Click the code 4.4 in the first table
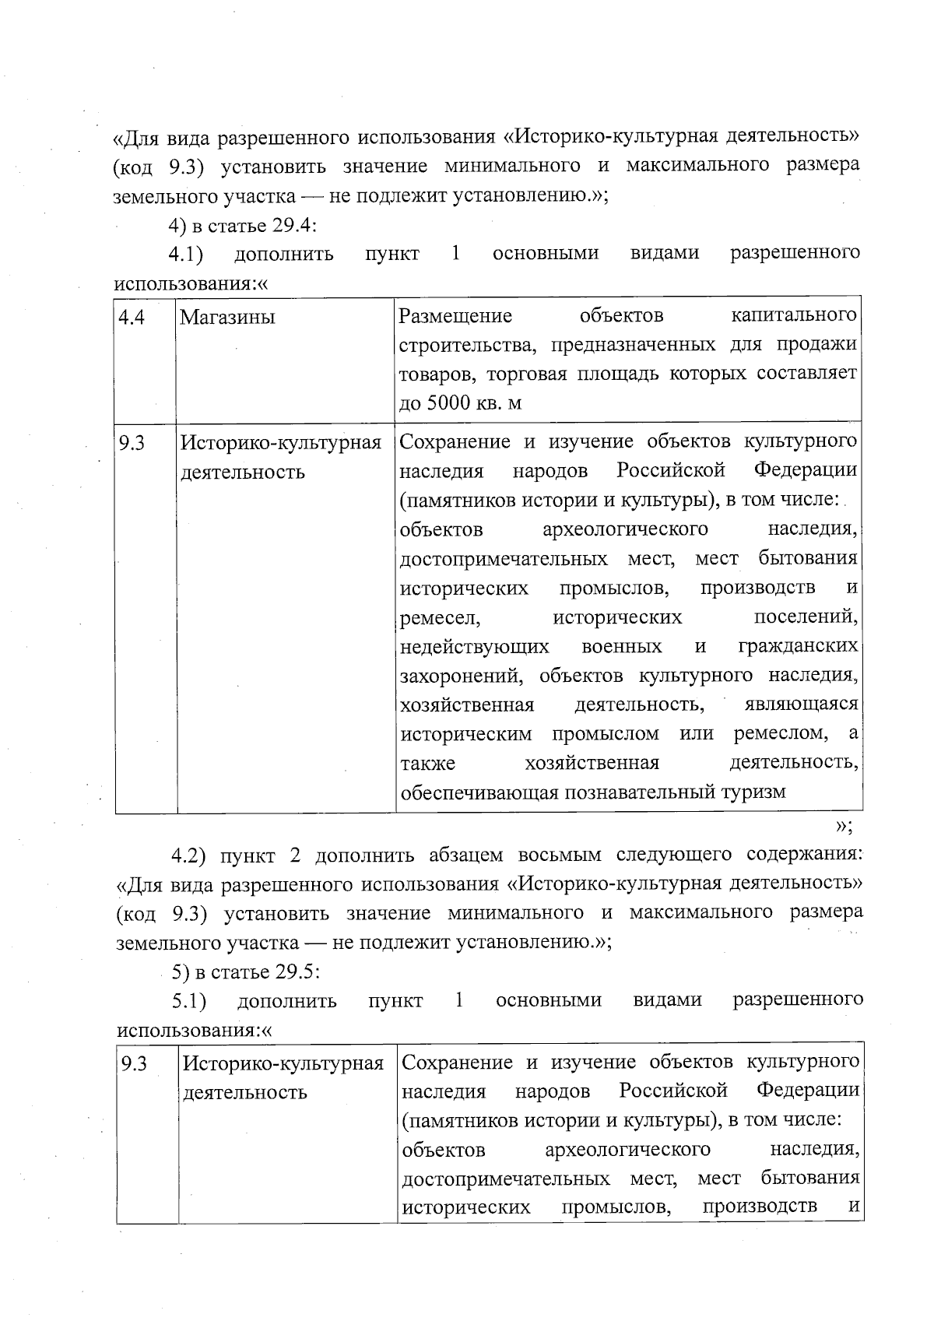(x=132, y=318)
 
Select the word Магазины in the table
(x=227, y=318)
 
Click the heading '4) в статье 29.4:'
(x=242, y=225)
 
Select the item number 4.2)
(x=189, y=855)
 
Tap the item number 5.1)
(x=189, y=1000)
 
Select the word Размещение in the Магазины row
(x=455, y=316)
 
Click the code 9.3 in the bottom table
(x=134, y=1064)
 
